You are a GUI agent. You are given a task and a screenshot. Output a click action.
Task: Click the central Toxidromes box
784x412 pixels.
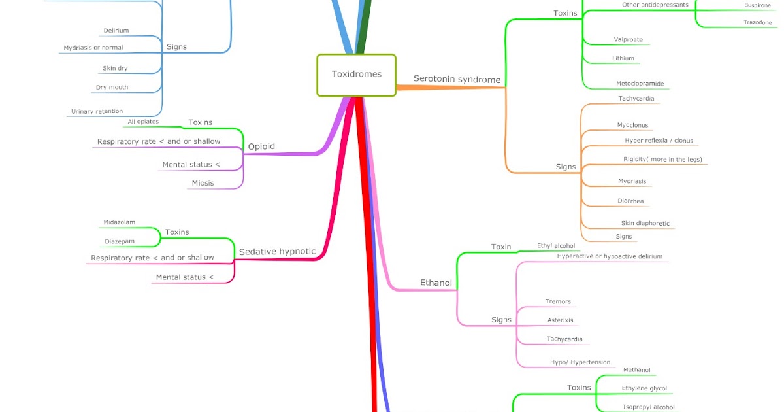(356, 75)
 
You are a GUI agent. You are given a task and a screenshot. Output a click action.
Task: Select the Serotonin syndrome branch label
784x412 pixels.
(457, 80)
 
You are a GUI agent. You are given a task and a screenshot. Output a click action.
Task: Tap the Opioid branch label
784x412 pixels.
(261, 146)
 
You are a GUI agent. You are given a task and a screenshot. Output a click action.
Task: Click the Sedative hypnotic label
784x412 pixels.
(277, 252)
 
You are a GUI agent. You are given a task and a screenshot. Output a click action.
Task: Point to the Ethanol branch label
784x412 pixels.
(436, 283)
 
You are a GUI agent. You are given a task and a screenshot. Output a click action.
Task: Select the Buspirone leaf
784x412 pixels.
(757, 5)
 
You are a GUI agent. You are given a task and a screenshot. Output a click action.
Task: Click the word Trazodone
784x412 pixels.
(757, 22)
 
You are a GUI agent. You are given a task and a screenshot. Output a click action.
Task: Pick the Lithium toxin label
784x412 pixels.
(623, 58)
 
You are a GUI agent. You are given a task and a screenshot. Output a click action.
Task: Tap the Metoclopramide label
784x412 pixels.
(640, 84)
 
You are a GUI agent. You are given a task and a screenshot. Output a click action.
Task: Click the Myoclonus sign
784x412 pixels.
(632, 125)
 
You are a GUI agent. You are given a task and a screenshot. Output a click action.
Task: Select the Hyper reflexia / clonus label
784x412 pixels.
(659, 141)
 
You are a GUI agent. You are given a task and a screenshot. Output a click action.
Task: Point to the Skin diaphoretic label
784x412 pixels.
(645, 224)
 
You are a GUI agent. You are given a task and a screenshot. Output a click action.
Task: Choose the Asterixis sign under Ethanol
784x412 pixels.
(561, 320)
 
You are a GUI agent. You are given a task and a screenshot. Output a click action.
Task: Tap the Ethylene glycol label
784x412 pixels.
(644, 388)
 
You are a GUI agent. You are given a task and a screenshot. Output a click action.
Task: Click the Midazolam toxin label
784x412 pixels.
(119, 222)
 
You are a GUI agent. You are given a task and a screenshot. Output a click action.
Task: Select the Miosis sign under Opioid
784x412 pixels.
(203, 183)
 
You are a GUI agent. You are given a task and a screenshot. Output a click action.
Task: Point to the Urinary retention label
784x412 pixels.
(97, 112)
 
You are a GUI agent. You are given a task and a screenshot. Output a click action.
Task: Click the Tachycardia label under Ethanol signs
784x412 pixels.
(564, 339)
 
